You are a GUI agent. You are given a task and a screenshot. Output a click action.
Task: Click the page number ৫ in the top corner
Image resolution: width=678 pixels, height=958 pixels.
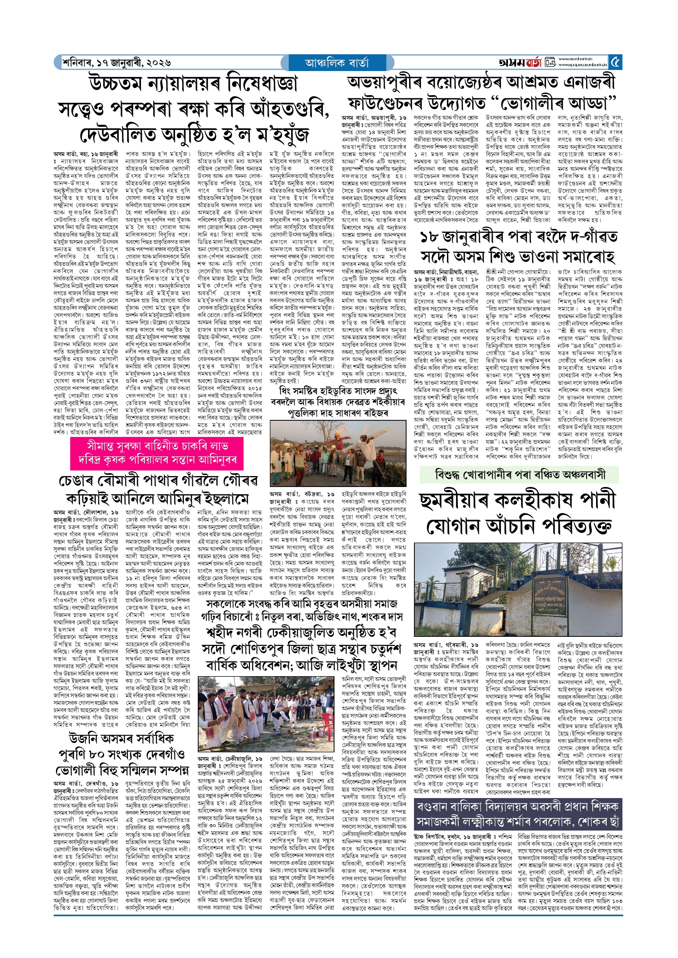(615, 63)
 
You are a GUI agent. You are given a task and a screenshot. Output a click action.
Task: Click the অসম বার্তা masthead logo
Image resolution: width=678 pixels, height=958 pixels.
(520, 63)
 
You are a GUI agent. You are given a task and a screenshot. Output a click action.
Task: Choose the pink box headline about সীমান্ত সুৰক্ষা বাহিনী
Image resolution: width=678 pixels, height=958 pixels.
(157, 453)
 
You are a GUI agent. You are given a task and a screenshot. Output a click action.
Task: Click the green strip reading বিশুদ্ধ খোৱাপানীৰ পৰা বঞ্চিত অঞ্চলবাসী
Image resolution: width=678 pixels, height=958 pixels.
(520, 475)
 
